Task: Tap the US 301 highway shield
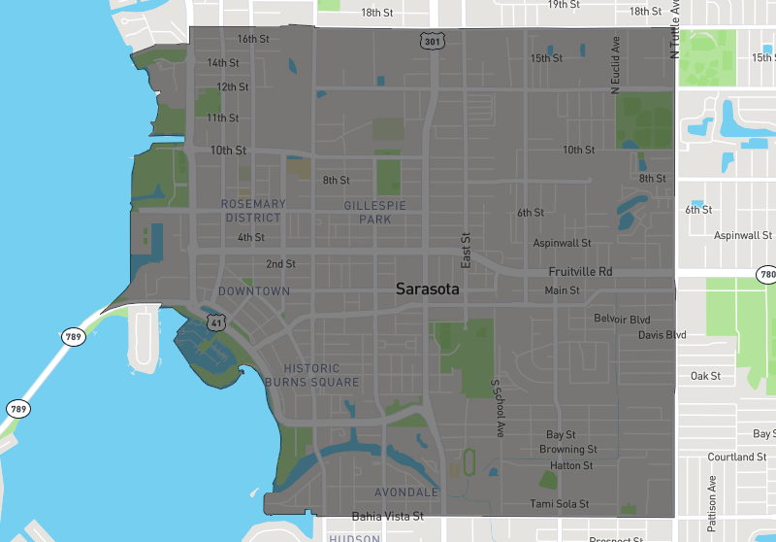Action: pos(433,41)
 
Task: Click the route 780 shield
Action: pos(768,275)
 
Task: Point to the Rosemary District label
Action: pos(253,211)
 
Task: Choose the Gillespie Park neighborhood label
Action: pos(374,212)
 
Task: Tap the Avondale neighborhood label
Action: pos(406,492)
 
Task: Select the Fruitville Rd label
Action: pos(580,272)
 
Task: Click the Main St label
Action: pos(562,290)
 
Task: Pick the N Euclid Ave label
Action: pos(615,66)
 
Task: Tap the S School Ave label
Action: pos(498,408)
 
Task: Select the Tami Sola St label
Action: pos(560,504)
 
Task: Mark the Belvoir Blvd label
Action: pos(622,319)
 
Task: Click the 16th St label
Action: pos(253,39)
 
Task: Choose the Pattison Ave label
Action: pos(711,503)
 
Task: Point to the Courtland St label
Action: pos(736,457)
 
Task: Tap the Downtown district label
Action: pos(254,291)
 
